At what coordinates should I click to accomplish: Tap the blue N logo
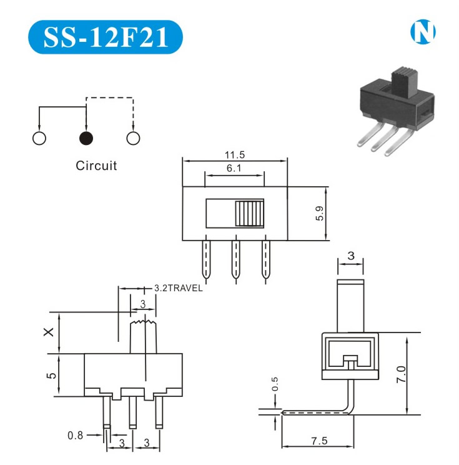[x=422, y=32]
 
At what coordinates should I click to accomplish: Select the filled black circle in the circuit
[x=86, y=138]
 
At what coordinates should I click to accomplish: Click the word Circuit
[x=96, y=166]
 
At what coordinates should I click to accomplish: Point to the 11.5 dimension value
[x=235, y=154]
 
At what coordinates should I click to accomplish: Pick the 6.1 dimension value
[x=235, y=168]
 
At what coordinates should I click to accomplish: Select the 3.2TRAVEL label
[x=178, y=289]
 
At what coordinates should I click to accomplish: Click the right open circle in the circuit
[x=133, y=138]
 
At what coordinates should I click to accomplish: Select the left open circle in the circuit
[x=39, y=138]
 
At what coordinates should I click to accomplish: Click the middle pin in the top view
[x=235, y=260]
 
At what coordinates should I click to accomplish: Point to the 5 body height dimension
[x=52, y=374]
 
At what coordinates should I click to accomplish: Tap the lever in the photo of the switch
[x=400, y=82]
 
